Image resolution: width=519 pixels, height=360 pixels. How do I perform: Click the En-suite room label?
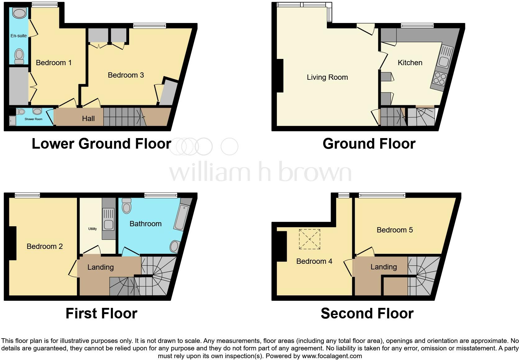[x=19, y=36]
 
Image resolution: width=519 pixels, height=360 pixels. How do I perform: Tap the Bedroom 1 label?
[x=54, y=63]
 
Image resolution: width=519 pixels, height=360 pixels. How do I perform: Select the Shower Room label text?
[x=34, y=119]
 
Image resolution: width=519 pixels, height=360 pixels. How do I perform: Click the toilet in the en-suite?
[x=19, y=56]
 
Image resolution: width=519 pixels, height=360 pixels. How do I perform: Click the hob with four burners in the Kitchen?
[x=439, y=78]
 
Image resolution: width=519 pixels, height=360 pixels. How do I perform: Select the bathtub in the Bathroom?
[x=180, y=218]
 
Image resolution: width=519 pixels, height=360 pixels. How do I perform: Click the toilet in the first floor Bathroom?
[x=127, y=206]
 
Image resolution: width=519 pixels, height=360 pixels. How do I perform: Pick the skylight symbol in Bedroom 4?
[x=309, y=239]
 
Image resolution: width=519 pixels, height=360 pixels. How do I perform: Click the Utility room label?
[x=93, y=229]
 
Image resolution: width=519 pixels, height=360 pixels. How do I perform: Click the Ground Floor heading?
[x=369, y=144]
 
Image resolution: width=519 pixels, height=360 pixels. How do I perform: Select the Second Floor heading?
[x=367, y=313]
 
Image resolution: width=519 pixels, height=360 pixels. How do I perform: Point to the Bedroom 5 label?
[x=395, y=230]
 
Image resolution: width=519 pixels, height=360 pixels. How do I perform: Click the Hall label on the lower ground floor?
[x=88, y=119]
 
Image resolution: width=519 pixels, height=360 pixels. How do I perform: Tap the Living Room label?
[x=327, y=77]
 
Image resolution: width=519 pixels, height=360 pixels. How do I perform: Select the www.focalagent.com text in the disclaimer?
[x=332, y=356]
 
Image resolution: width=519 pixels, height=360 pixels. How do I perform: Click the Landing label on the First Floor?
[x=100, y=267]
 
